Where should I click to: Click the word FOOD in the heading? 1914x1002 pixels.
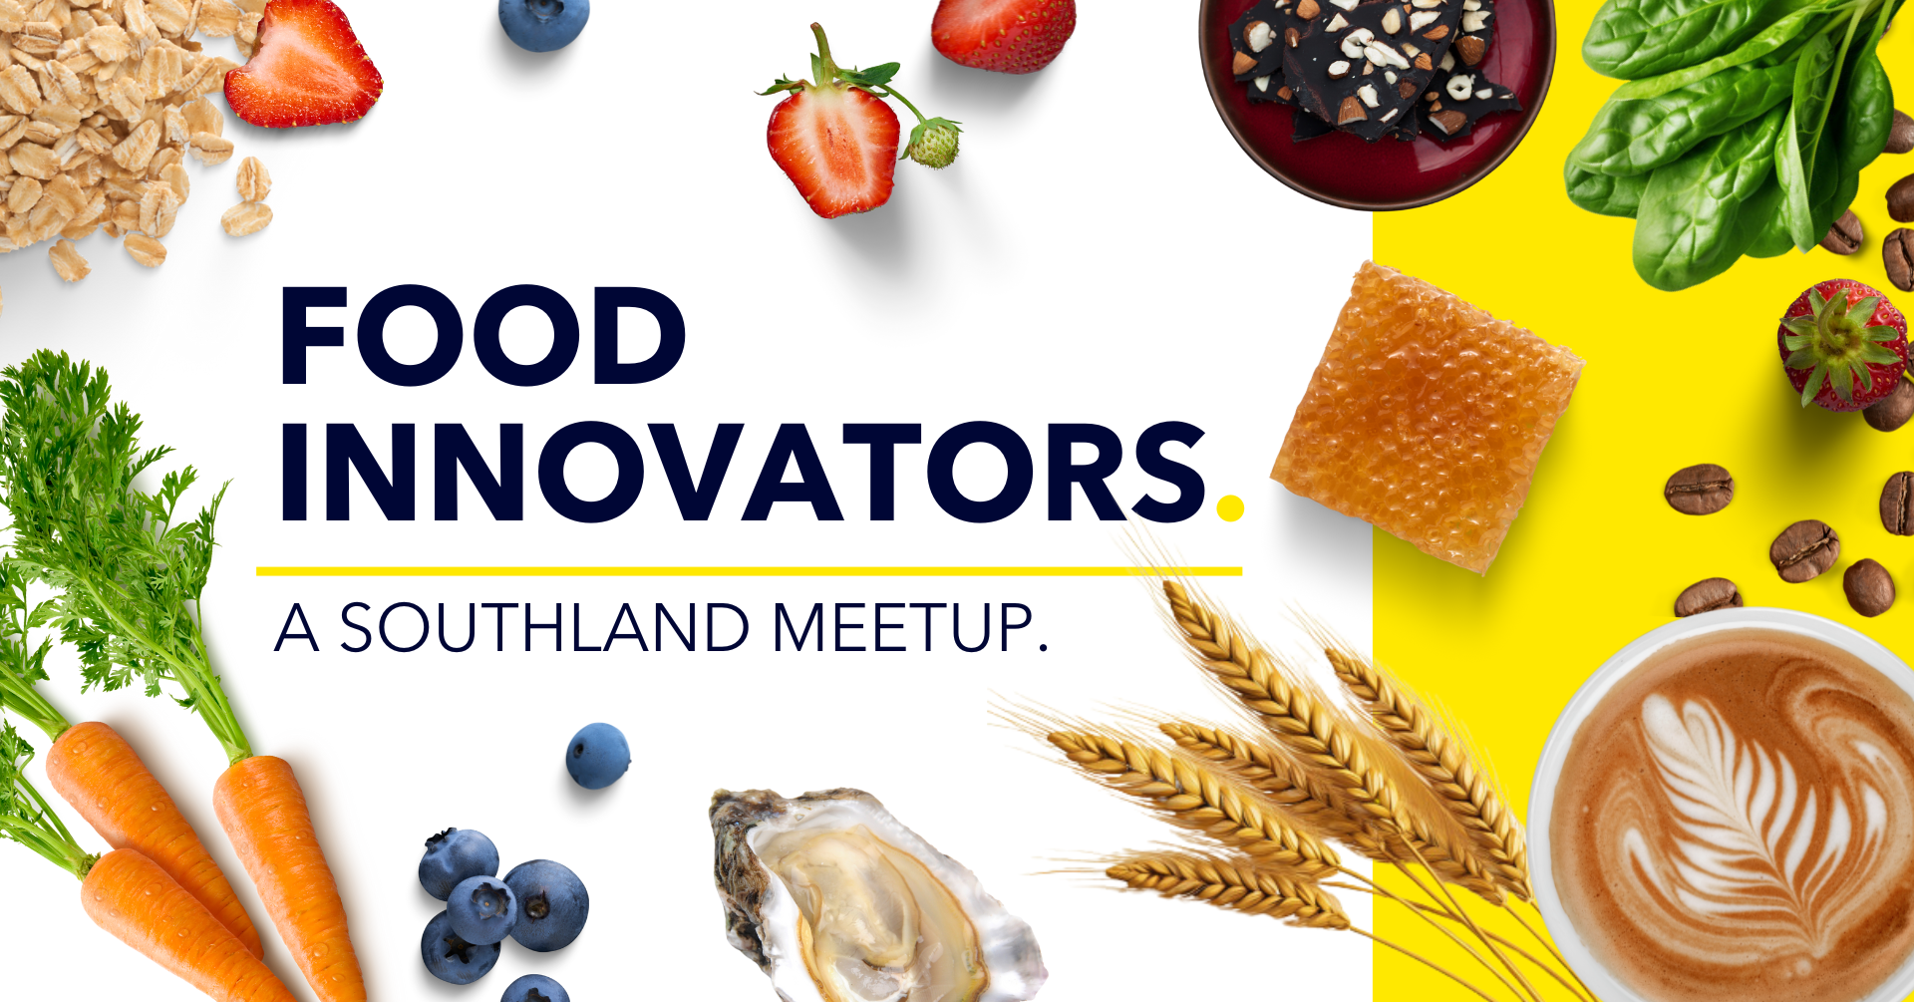click(x=482, y=336)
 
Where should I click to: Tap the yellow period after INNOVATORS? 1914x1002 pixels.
click(x=1230, y=506)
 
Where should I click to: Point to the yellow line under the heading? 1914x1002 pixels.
click(x=748, y=571)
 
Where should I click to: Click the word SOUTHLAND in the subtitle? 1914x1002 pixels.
click(x=544, y=628)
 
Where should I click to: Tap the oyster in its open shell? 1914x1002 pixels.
click(x=867, y=897)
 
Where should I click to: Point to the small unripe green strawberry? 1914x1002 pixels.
click(x=933, y=144)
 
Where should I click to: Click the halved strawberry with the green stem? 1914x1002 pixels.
click(x=832, y=145)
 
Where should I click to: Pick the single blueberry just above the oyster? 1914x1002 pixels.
click(x=597, y=756)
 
